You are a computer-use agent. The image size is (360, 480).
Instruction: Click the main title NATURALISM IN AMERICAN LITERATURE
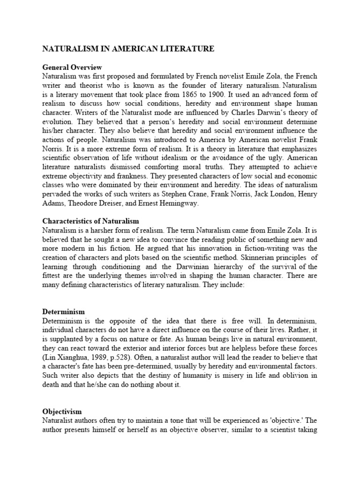128,48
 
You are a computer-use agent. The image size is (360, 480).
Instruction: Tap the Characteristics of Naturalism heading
90,220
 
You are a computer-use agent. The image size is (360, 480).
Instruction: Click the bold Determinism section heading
64,311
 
